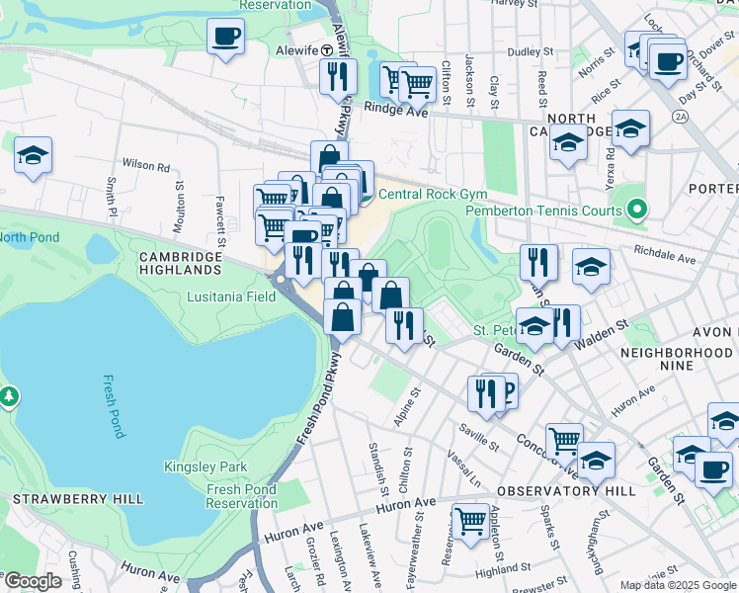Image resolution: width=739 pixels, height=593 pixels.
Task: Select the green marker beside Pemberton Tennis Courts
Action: pos(637,210)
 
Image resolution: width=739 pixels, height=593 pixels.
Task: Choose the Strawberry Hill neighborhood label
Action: pos(58,498)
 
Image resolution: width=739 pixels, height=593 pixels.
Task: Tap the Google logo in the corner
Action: pos(33,580)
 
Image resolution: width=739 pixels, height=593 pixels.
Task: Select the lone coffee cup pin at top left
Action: pos(225,38)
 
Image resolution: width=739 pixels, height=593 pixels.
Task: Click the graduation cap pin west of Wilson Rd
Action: pos(33,155)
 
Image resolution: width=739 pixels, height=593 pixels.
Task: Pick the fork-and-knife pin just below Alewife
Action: pos(338,75)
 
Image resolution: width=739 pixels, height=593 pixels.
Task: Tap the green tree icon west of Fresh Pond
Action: pos(10,396)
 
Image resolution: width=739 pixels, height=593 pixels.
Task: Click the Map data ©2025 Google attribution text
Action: pos(678,585)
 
